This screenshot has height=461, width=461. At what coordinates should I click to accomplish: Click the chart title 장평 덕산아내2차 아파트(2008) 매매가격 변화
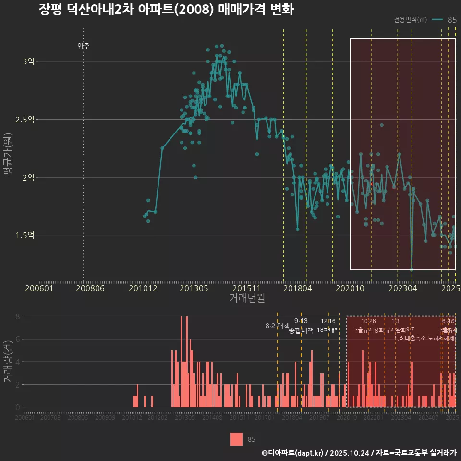(x=166, y=10)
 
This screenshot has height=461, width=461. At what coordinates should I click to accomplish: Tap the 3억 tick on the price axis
(x=28, y=61)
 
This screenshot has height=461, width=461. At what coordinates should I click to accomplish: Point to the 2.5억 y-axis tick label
(x=25, y=120)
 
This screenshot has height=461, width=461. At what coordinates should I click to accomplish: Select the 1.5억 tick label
(x=25, y=235)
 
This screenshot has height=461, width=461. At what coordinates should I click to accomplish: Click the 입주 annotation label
(x=83, y=46)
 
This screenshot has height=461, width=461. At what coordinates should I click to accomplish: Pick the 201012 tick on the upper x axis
(x=143, y=288)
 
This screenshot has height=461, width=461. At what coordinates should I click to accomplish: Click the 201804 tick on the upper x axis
(x=297, y=288)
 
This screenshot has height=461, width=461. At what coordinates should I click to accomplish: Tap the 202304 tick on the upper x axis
(x=401, y=288)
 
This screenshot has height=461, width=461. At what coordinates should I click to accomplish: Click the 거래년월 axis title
(x=247, y=298)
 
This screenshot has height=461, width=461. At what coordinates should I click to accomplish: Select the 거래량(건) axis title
(x=8, y=362)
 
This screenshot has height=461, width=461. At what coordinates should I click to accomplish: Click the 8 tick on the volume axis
(x=17, y=316)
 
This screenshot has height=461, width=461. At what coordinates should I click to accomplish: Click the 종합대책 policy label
(x=301, y=330)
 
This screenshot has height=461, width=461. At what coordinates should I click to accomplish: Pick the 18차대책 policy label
(x=328, y=330)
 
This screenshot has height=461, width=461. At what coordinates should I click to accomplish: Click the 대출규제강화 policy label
(x=368, y=330)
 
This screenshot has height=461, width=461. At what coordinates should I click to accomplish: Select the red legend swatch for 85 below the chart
(x=236, y=439)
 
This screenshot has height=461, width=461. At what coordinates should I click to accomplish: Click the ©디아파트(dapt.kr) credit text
(x=293, y=453)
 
